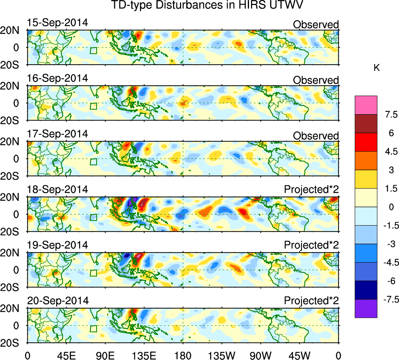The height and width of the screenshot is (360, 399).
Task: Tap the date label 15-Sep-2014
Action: tap(58, 23)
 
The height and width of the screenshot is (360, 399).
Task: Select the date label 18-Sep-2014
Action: tap(58, 189)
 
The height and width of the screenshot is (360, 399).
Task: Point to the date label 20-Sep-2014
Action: tap(58, 301)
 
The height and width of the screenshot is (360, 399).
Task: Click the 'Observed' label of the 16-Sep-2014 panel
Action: tap(316, 80)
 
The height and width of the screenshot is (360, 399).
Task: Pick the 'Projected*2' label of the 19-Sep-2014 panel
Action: tap(311, 245)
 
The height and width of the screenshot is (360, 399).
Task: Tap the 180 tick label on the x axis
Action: tap(183, 355)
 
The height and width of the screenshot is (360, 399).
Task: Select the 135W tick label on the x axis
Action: tap(222, 355)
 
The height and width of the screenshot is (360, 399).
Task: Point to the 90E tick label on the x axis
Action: tap(104, 355)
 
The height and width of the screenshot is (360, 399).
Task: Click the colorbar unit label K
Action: tap(376, 68)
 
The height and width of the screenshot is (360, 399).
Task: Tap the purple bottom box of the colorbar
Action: tap(366, 309)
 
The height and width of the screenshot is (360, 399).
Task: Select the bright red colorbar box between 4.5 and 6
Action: tap(366, 142)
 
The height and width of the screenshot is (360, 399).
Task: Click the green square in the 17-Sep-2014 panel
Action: tap(93, 162)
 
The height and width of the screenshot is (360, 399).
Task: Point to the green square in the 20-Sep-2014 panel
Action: tap(93, 328)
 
